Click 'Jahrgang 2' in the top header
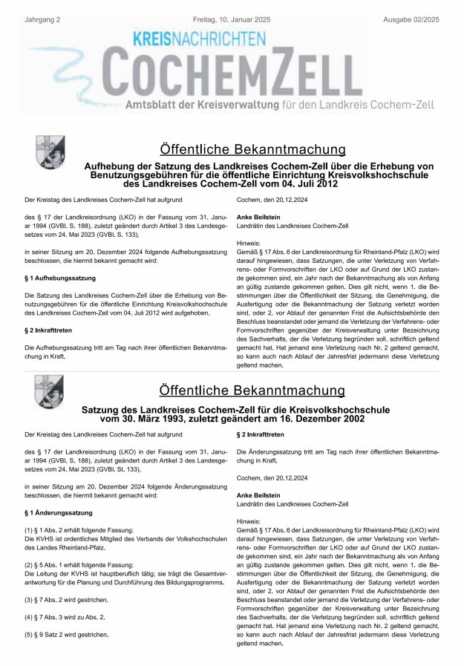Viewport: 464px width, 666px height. click(44, 7)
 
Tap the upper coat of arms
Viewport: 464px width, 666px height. click(50, 151)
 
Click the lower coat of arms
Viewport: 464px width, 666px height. click(50, 391)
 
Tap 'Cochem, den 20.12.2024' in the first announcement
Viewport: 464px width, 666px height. click(269, 200)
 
